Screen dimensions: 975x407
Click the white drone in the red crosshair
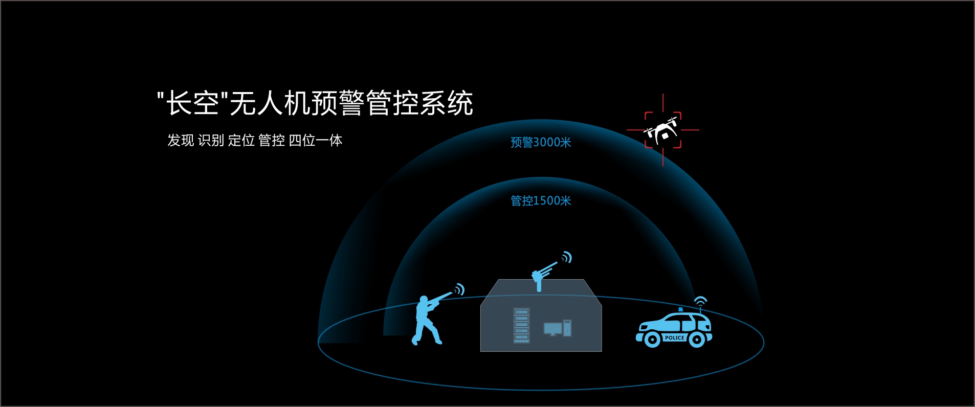tap(661, 130)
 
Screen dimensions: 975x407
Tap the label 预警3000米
tap(541, 142)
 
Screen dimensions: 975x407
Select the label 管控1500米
tap(541, 200)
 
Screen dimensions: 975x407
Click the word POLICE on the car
tap(674, 337)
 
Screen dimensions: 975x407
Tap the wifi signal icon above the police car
tap(700, 301)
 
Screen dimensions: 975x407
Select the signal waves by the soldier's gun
tap(459, 290)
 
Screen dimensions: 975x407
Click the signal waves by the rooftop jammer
tap(566, 257)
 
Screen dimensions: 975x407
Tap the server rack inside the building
tap(522, 325)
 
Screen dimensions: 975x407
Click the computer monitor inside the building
tap(552, 329)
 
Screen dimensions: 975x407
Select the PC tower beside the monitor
tap(567, 328)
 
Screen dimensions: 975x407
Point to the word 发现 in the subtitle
tap(181, 140)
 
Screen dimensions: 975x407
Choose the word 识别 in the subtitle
tap(211, 140)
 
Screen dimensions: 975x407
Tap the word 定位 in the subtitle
tap(241, 140)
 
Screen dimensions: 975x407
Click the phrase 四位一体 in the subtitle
tap(316, 140)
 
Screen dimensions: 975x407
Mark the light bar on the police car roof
tap(680, 309)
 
